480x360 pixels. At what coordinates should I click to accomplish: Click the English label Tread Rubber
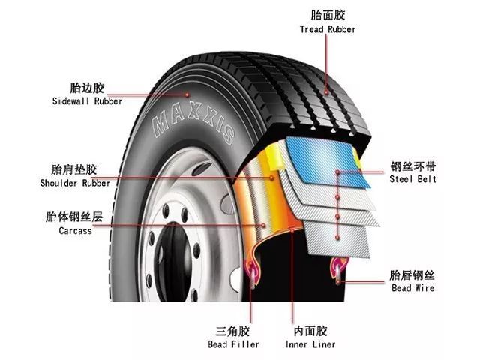(x=328, y=29)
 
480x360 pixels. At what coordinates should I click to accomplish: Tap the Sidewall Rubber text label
(x=82, y=101)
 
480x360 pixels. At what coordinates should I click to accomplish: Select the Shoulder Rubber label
(x=75, y=183)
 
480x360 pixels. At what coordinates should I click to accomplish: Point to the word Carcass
(x=75, y=231)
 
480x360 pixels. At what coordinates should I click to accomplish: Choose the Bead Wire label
(x=412, y=287)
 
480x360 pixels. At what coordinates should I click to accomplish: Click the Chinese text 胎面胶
(x=328, y=15)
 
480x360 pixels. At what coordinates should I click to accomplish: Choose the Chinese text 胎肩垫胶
(x=75, y=169)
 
